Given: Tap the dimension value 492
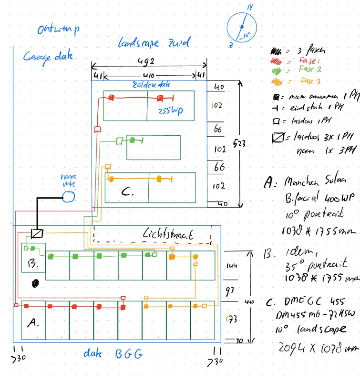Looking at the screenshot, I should pos(147,61).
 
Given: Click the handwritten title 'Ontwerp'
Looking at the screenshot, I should pos(58,30).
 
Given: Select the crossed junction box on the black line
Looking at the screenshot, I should pos(37,233).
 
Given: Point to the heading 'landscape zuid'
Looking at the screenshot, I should pos(154,43).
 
